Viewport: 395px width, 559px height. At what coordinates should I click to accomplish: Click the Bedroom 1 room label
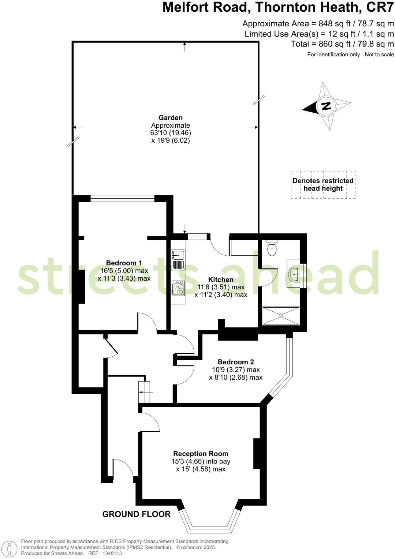pos(124,263)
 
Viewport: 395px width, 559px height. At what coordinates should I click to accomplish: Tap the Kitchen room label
pos(221,279)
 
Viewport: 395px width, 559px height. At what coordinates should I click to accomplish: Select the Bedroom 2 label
pos(235,362)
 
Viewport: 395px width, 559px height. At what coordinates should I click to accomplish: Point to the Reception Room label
pos(200,454)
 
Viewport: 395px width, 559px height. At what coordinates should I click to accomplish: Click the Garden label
pos(170,117)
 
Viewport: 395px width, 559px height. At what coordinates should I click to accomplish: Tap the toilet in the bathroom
pos(272,248)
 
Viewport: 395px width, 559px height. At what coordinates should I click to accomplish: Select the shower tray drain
pos(281,315)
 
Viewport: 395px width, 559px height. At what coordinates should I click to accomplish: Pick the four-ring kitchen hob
pos(179,289)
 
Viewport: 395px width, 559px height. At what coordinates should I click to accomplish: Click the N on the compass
pos(326,106)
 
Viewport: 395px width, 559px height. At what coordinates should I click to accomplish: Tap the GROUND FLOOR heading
pos(136,514)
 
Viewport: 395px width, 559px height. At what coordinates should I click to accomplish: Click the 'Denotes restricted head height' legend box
pos(323,185)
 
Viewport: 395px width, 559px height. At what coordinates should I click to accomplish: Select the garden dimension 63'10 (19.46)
pos(171,132)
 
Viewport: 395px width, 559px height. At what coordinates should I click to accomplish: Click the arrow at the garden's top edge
pos(185,46)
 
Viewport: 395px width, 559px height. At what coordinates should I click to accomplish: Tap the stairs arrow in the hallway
pos(145,391)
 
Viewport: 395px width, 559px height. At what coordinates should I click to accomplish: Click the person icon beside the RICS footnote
pos(11,548)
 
